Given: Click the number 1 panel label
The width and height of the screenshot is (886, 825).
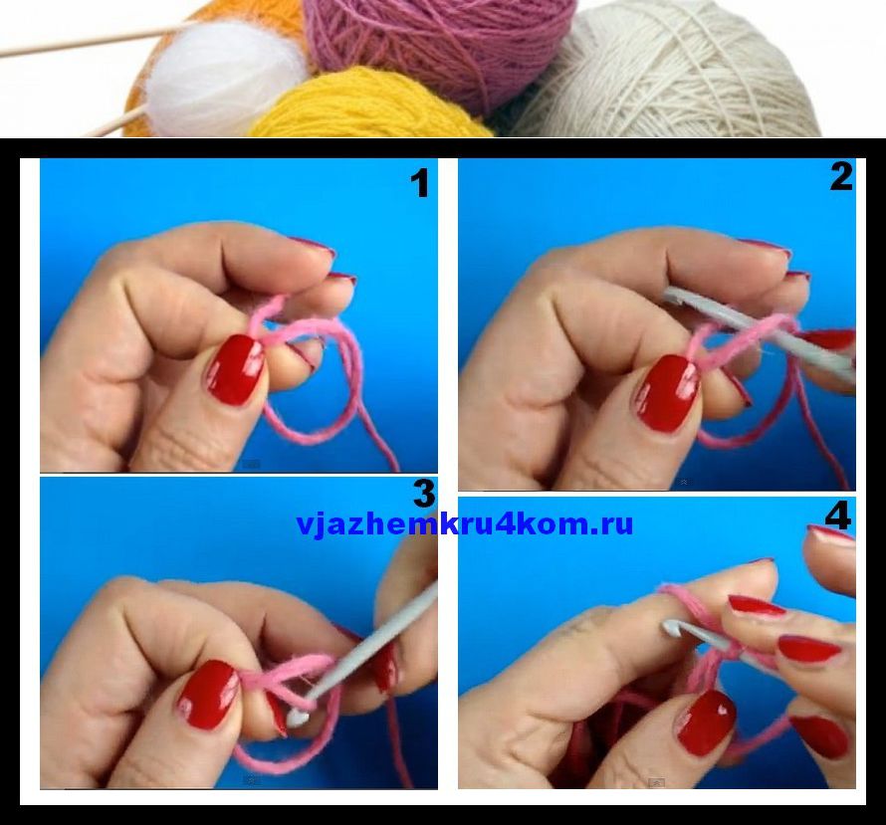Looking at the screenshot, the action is pyautogui.click(x=419, y=184).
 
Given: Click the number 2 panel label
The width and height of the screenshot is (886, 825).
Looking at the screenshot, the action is pyautogui.click(x=841, y=176).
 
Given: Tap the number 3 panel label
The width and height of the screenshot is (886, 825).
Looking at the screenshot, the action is pyautogui.click(x=424, y=494).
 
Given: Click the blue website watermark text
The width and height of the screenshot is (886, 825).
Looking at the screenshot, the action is pyautogui.click(x=465, y=524).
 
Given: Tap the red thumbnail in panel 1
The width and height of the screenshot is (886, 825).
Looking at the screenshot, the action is pyautogui.click(x=236, y=370).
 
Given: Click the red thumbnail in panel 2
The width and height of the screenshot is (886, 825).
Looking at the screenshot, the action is pyautogui.click(x=667, y=393).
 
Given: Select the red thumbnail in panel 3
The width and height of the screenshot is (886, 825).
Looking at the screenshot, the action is pyautogui.click(x=208, y=695).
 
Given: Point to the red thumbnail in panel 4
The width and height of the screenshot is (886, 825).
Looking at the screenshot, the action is pyautogui.click(x=707, y=723).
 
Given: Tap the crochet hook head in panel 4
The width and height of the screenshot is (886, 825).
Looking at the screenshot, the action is pyautogui.click(x=672, y=626).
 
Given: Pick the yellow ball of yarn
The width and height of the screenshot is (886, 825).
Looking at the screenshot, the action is pyautogui.click(x=370, y=104).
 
